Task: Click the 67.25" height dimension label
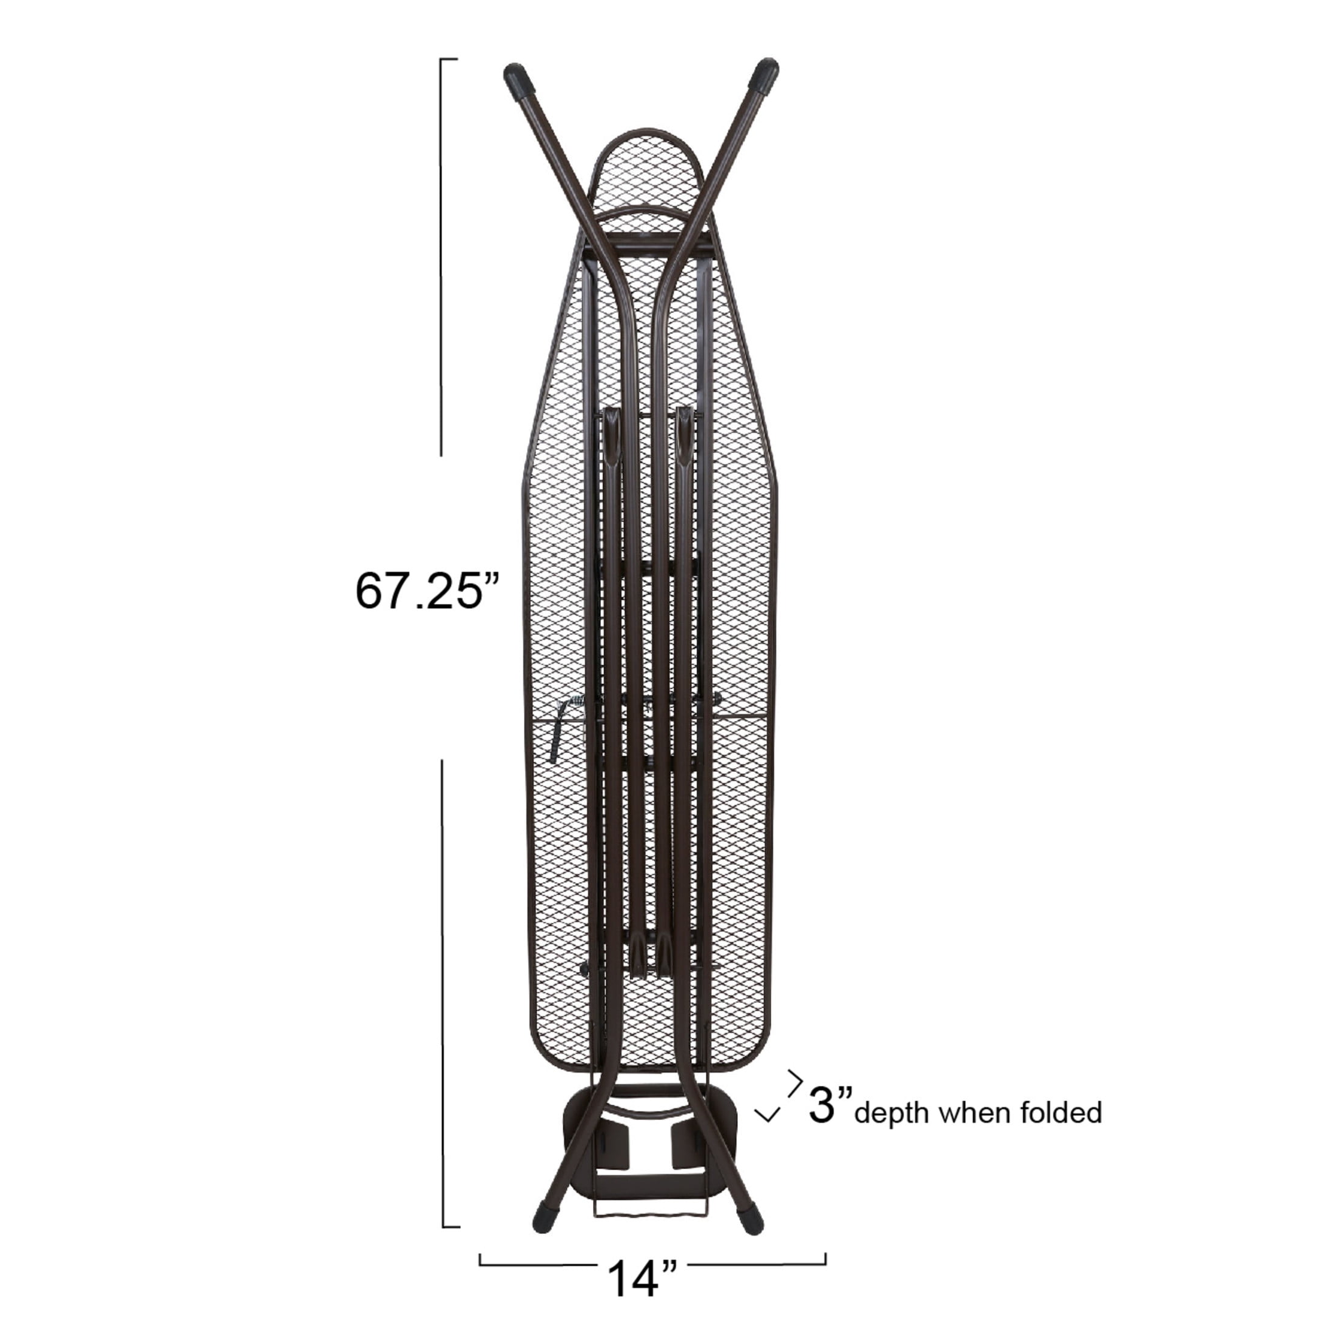click(427, 591)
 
